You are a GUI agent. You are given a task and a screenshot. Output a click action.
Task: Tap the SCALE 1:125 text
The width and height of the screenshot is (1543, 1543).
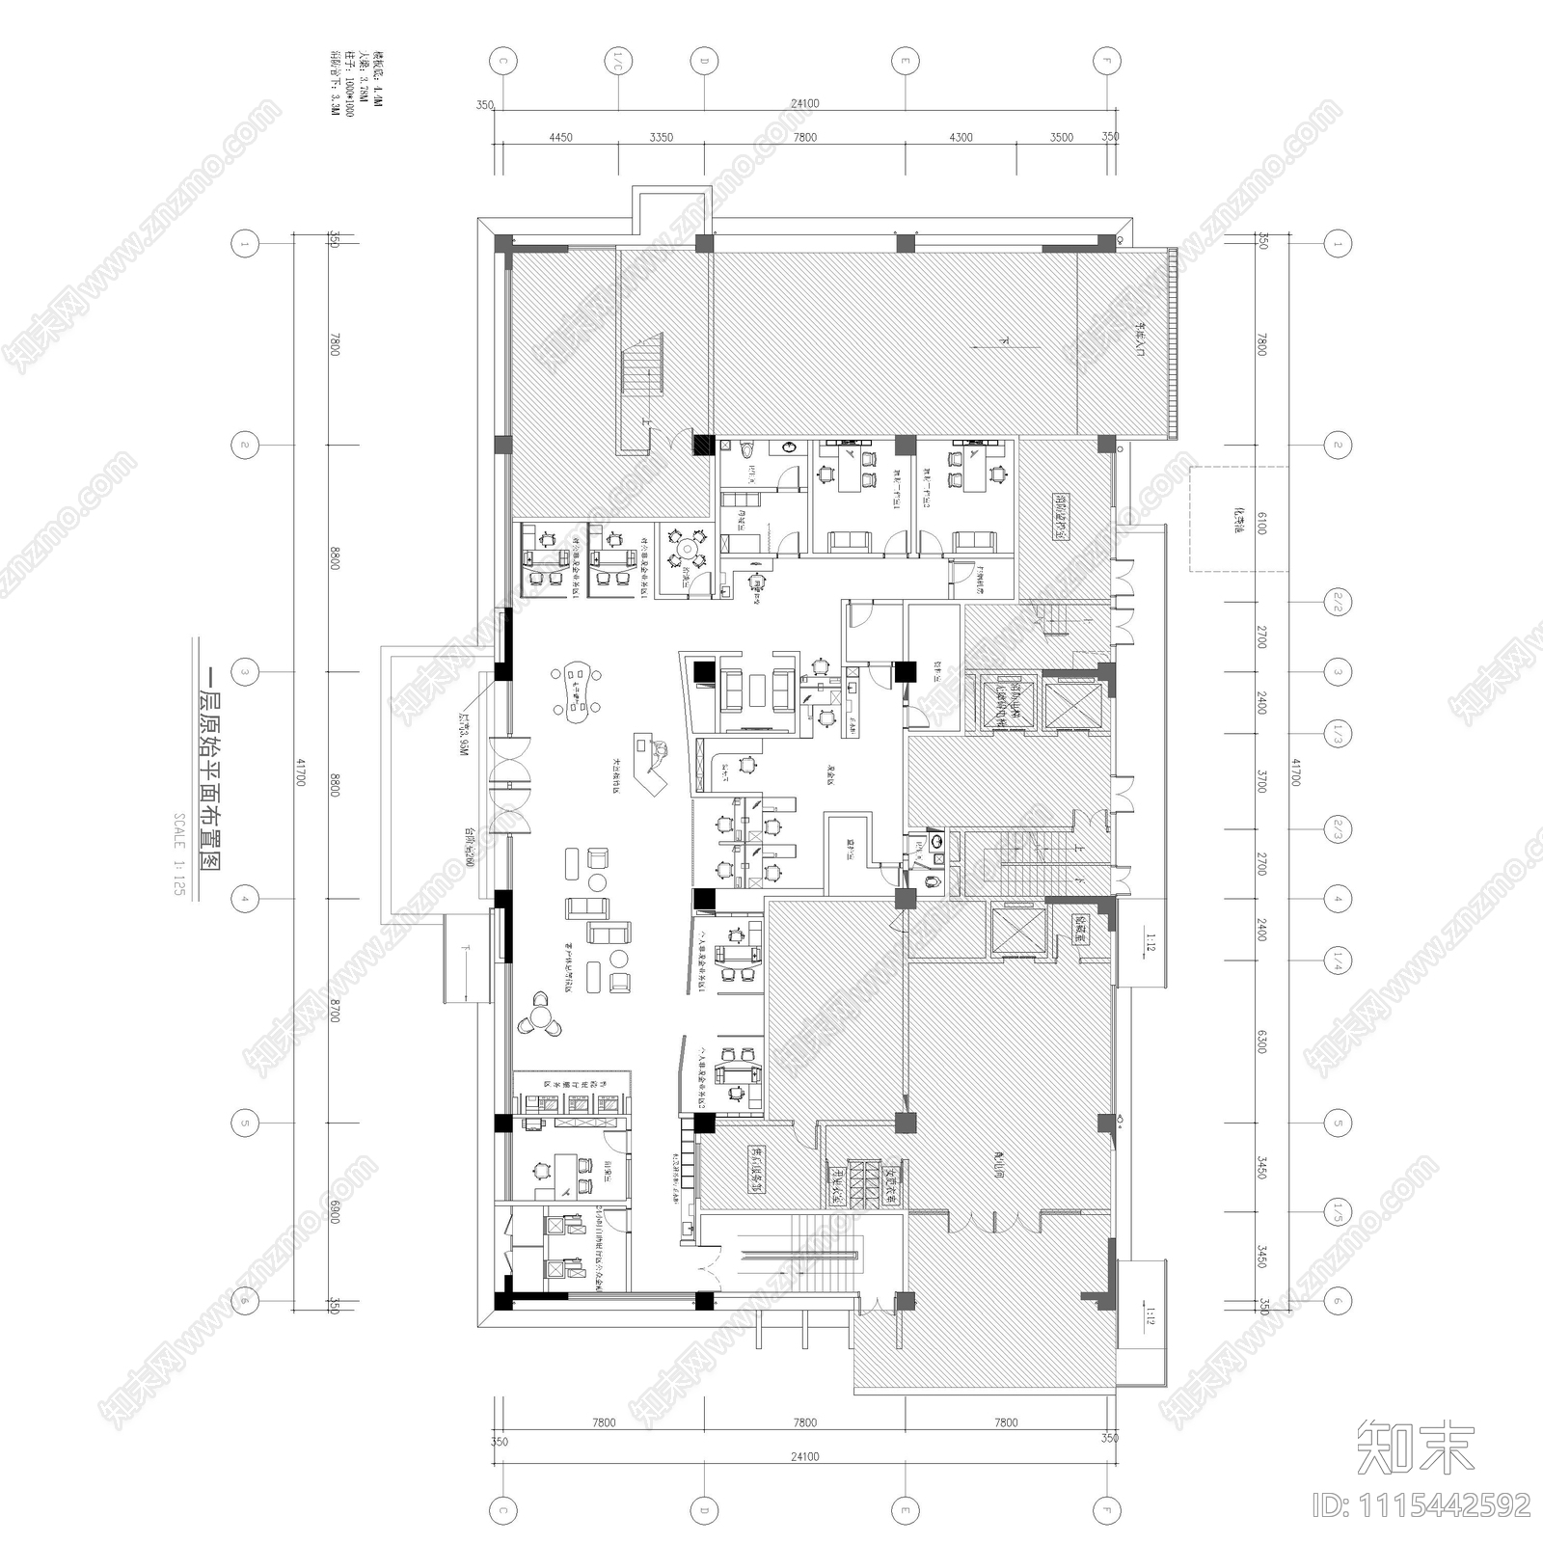pyautogui.click(x=178, y=854)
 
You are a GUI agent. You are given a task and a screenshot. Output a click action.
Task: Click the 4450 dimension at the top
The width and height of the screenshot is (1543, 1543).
pyautogui.click(x=560, y=137)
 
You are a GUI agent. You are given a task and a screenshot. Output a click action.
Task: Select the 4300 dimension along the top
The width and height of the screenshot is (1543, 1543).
pyautogui.click(x=961, y=137)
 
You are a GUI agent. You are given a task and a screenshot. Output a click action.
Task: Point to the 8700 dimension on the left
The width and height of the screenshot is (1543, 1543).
pyautogui.click(x=335, y=1012)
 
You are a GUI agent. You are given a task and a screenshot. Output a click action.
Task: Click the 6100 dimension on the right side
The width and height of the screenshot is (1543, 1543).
pyautogui.click(x=1261, y=524)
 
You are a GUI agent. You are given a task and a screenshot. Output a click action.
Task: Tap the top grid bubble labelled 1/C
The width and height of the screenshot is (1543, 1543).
pyautogui.click(x=614, y=61)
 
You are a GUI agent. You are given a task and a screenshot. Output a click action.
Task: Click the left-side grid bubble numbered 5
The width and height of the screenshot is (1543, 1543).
pyautogui.click(x=245, y=1123)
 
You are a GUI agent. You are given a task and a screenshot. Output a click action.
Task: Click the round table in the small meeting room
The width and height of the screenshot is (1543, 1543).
pyautogui.click(x=689, y=551)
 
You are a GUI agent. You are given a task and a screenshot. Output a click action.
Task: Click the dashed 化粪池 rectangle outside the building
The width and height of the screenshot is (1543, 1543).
pyautogui.click(x=1237, y=520)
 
